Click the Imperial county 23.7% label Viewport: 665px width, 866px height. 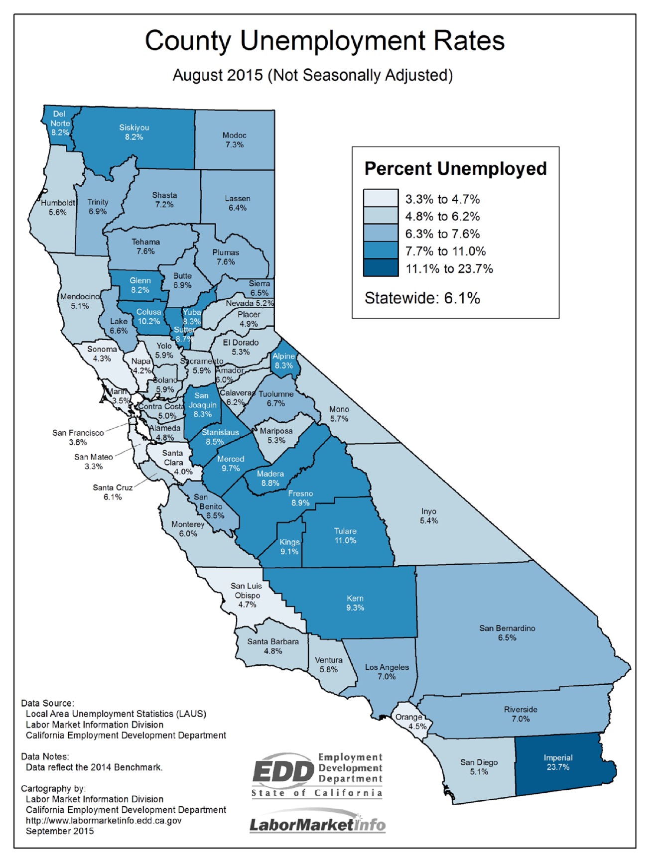pyautogui.click(x=558, y=762)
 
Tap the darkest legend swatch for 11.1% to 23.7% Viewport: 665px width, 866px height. pyautogui.click(x=381, y=268)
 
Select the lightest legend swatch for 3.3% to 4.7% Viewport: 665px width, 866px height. pyautogui.click(x=381, y=198)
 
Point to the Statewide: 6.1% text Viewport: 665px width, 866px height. pyautogui.click(x=422, y=298)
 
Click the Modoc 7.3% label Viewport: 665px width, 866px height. pyautogui.click(x=234, y=140)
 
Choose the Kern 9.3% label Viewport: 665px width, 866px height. pyautogui.click(x=355, y=603)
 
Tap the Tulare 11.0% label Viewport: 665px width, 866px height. pyautogui.click(x=345, y=535)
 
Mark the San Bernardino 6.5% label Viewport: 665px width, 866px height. pyautogui.click(x=507, y=633)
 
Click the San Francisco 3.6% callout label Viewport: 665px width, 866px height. pyautogui.click(x=78, y=437)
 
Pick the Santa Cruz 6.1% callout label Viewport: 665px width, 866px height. pyautogui.click(x=113, y=492)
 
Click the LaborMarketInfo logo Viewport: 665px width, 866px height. pyautogui.click(x=317, y=825)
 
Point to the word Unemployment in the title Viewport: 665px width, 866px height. pyautogui.click(x=332, y=41)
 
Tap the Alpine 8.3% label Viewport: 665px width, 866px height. pyautogui.click(x=284, y=361)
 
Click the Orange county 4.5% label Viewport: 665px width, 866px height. pyautogui.click(x=410, y=721)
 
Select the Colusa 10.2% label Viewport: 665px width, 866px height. pyautogui.click(x=149, y=316)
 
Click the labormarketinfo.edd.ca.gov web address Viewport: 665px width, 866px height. pyautogui.click(x=104, y=820)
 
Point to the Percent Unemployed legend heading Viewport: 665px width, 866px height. pyautogui.click(x=455, y=168)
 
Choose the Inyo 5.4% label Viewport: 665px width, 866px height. pyautogui.click(x=429, y=516)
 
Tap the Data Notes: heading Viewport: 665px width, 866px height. pyautogui.click(x=45, y=756)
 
